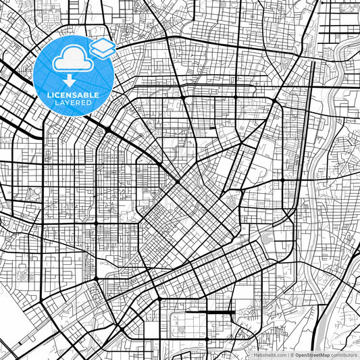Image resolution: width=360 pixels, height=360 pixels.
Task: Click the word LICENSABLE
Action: tap(73, 94)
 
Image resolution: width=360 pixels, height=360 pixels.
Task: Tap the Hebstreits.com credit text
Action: tap(269, 354)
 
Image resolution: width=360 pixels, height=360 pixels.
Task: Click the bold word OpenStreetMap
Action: tap(310, 354)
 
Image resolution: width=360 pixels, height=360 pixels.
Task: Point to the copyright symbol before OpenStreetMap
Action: tap(291, 354)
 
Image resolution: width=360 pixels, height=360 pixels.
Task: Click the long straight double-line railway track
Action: tap(302, 169)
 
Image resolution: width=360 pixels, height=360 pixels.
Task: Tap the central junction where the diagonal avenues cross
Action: tap(178, 180)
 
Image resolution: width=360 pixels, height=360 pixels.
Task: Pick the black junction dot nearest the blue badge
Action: tap(108, 128)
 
